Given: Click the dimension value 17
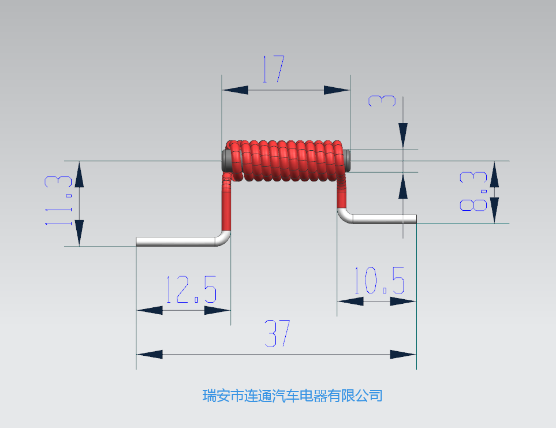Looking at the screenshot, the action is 274,69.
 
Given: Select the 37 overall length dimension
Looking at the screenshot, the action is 277,333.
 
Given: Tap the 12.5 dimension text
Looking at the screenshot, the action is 192,289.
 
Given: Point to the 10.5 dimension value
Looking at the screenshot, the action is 379,281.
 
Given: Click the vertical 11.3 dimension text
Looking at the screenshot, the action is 58,200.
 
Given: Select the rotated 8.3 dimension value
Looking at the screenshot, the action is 473,191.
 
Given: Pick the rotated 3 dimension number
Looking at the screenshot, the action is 382,101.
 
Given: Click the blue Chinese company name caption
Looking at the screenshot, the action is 293,396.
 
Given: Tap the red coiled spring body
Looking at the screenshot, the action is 286,161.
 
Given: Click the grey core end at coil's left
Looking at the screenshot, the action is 226,160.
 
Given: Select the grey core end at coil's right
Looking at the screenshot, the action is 348,160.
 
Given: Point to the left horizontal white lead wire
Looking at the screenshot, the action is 176,242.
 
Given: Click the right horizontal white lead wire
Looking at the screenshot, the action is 385,219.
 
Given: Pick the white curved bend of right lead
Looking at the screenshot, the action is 344,216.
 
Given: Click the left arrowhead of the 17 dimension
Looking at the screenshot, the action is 235,90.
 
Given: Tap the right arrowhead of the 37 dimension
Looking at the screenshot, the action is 403,354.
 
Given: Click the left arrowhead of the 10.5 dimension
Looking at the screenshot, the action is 350,302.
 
